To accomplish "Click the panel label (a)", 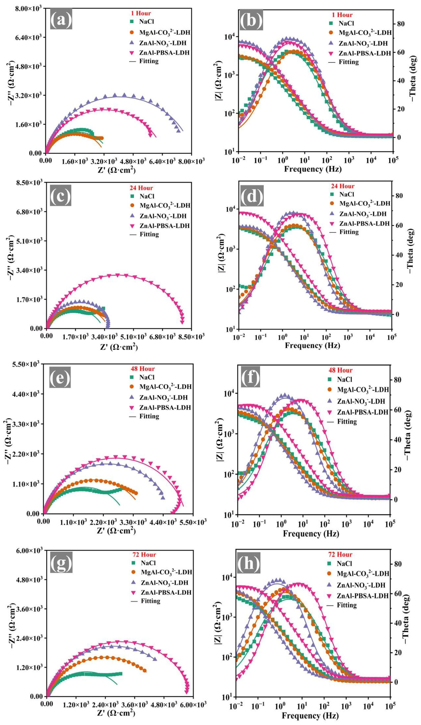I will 61,19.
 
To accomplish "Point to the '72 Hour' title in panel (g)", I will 144,554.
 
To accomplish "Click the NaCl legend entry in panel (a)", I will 147,22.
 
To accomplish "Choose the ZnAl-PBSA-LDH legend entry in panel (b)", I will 364,53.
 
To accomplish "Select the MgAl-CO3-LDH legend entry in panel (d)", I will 364,203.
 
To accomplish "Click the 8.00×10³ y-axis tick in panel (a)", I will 29,8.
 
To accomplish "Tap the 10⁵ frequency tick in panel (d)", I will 390,336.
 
